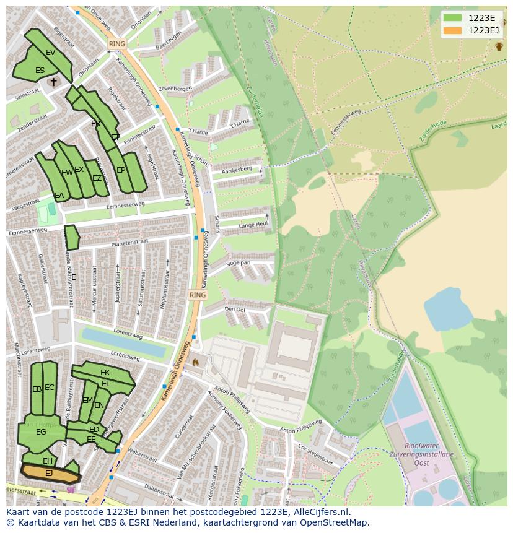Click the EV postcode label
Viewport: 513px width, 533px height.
tap(51, 53)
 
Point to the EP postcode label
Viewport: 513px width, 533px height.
tap(121, 170)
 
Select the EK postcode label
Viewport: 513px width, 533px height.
tap(105, 373)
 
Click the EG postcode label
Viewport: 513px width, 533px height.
tap(41, 432)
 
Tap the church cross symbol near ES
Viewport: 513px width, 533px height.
tap(53, 81)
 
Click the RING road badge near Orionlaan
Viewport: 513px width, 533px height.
tap(116, 44)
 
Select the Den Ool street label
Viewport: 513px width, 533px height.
tap(235, 309)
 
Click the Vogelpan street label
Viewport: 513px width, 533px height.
tap(238, 262)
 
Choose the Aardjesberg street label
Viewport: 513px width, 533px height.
tap(237, 168)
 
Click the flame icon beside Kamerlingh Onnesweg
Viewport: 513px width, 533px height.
tap(196, 362)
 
